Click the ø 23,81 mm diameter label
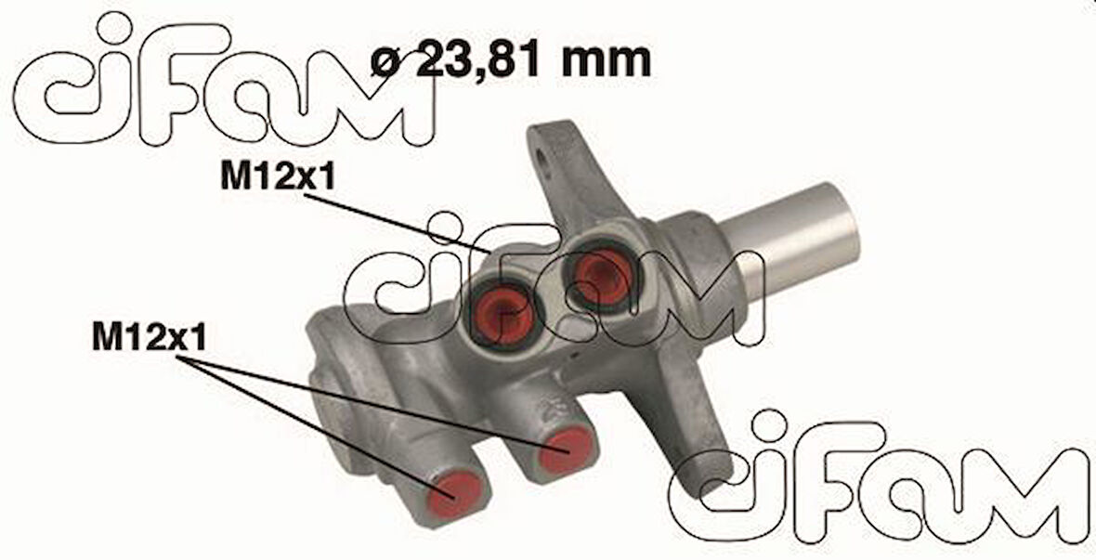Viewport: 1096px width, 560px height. [510, 61]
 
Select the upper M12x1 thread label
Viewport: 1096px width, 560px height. [277, 177]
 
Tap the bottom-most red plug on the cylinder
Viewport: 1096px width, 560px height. [458, 489]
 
